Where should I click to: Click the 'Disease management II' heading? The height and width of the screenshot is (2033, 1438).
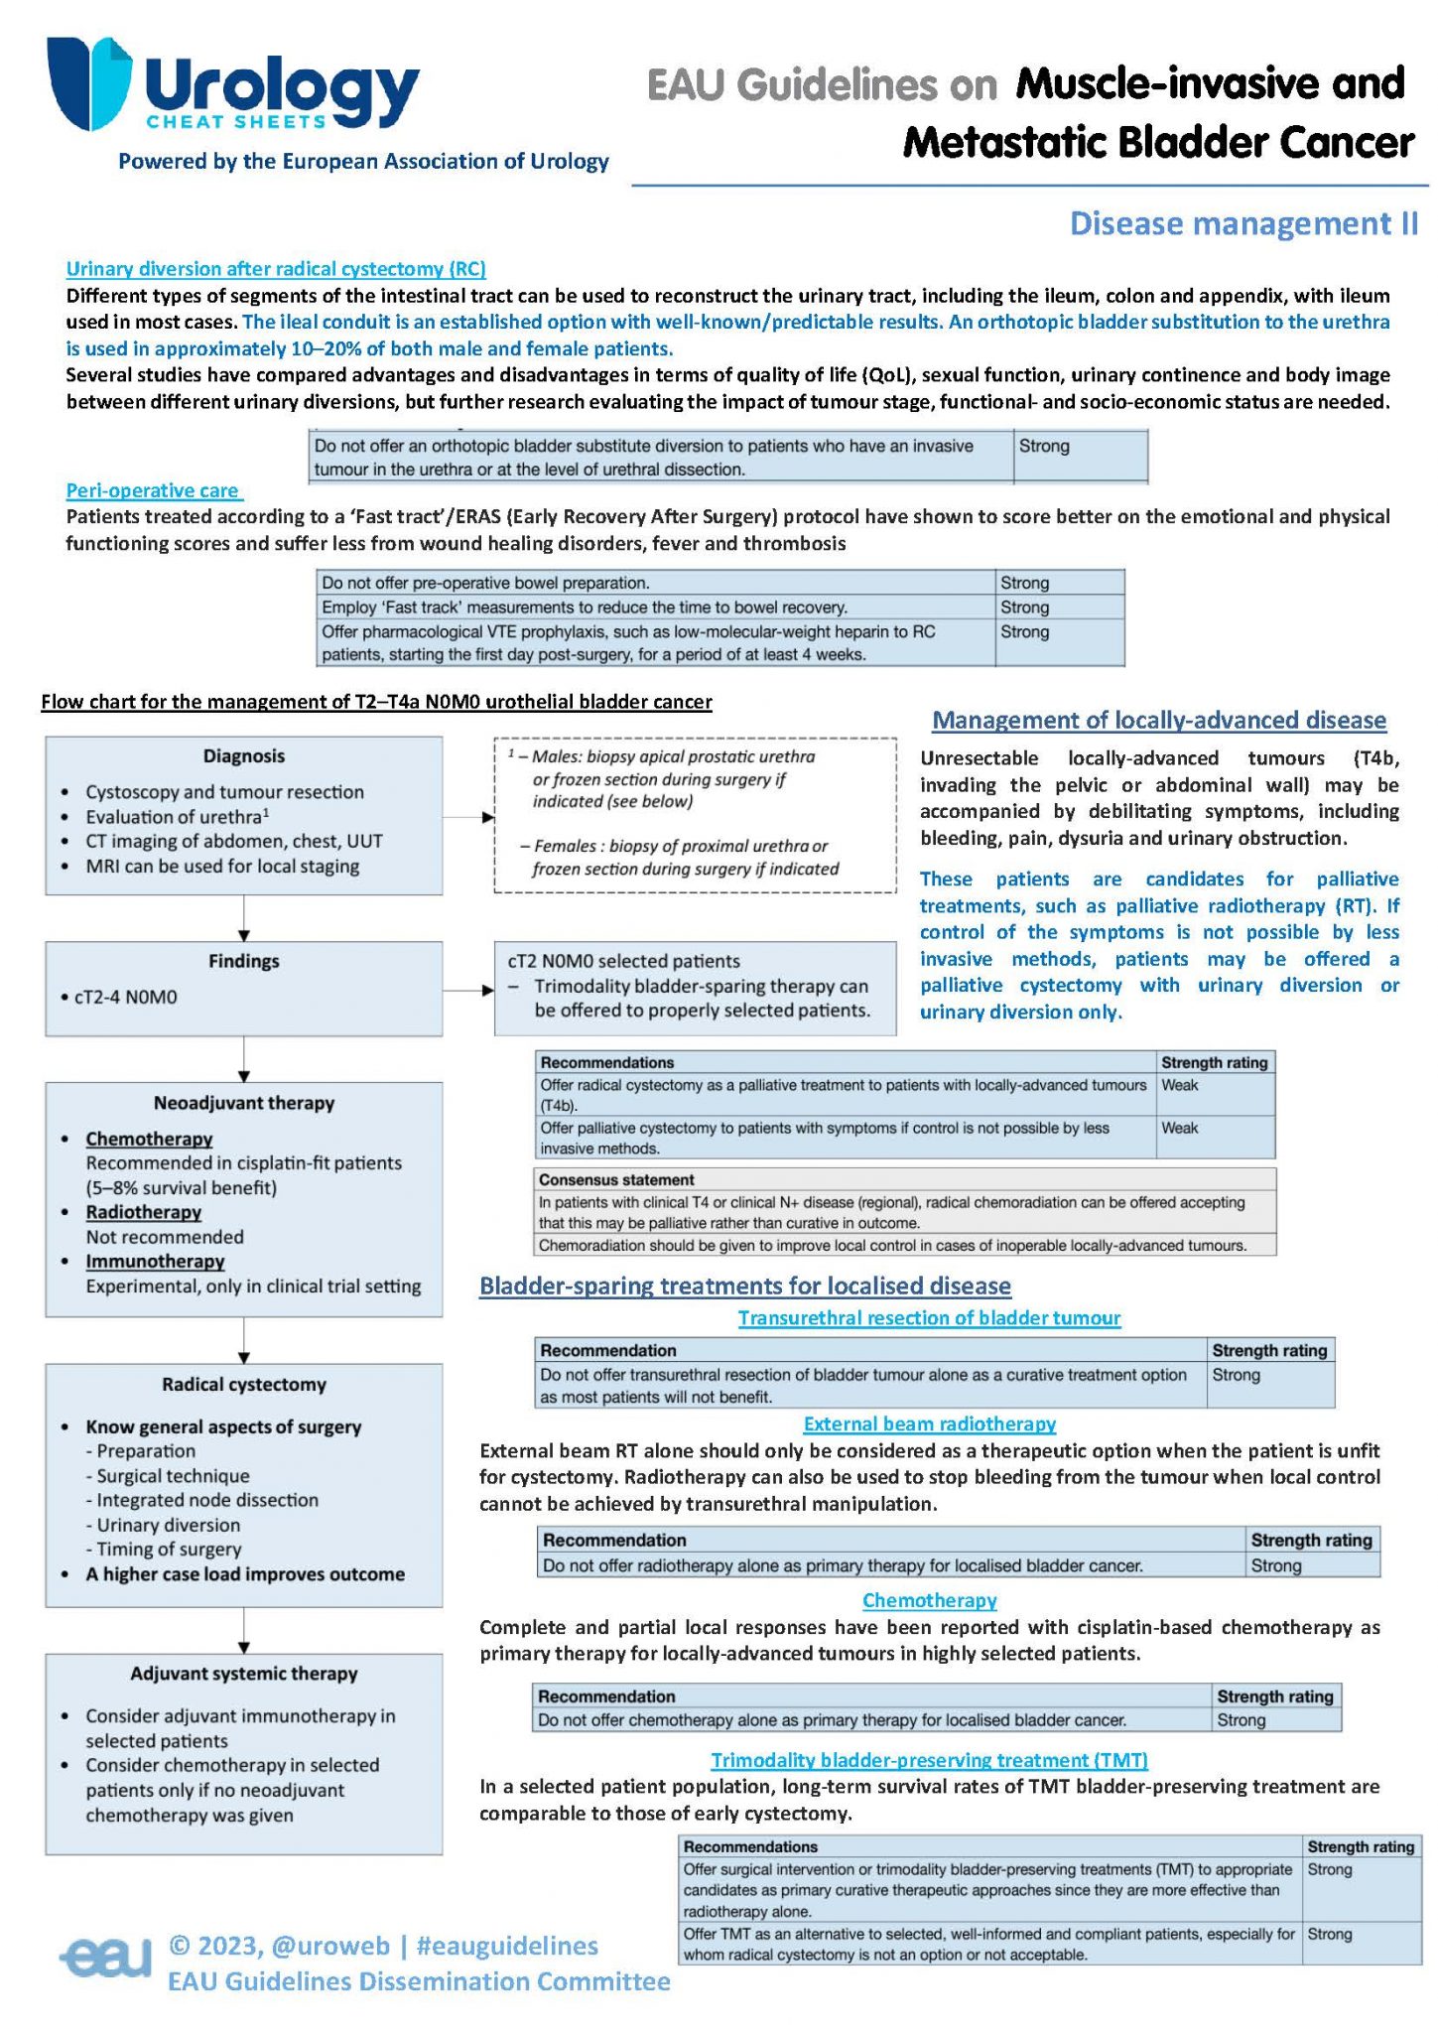(x=1243, y=223)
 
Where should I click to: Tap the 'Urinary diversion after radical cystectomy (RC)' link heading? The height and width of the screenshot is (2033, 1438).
(x=276, y=268)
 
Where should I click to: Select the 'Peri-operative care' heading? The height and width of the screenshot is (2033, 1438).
(x=153, y=490)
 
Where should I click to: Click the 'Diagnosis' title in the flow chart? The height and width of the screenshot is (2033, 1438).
(x=244, y=756)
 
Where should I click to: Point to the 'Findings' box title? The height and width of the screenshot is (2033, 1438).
(x=244, y=961)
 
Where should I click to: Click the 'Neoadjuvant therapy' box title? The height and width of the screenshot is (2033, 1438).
(x=244, y=1103)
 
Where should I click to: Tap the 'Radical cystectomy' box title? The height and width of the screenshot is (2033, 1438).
(x=244, y=1385)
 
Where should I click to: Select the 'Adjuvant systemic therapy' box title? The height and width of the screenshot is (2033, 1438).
(x=244, y=1674)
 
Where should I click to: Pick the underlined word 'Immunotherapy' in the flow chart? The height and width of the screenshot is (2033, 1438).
(x=155, y=1262)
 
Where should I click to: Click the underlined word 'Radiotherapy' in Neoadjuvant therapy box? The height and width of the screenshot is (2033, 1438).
(x=144, y=1212)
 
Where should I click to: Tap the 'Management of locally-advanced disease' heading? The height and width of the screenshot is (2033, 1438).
(x=1159, y=721)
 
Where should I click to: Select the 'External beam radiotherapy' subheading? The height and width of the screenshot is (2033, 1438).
(x=930, y=1423)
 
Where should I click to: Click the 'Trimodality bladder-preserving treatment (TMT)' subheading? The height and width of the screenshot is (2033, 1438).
(x=930, y=1760)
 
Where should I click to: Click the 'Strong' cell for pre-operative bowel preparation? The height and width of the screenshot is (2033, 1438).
(x=1025, y=583)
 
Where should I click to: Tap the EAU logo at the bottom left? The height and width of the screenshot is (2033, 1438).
(x=105, y=1958)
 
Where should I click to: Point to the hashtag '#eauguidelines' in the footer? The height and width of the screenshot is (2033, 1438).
(x=507, y=1946)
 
